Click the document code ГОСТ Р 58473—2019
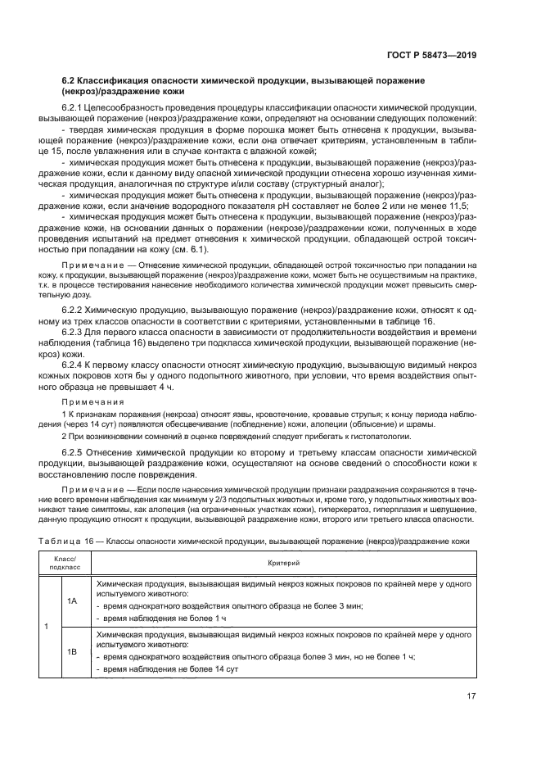click(432, 55)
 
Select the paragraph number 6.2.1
click(74, 108)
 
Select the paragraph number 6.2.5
click(74, 453)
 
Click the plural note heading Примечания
click(92, 401)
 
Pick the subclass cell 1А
click(72, 601)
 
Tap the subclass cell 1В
click(72, 651)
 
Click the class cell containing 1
click(47, 626)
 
